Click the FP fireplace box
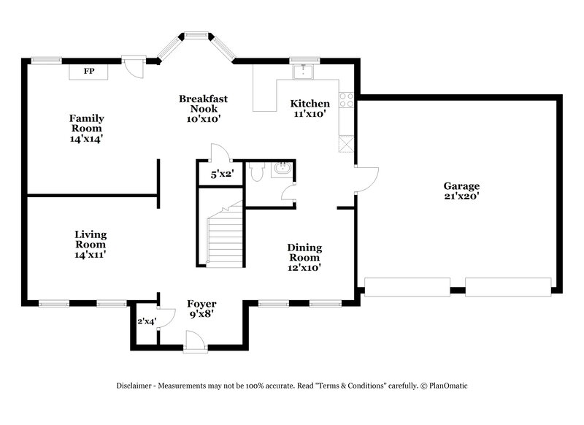click(89, 71)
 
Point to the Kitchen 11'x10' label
click(310, 108)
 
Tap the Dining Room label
click(304, 258)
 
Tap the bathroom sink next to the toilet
click(280, 170)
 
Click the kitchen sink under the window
click(301, 72)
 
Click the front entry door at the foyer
click(196, 341)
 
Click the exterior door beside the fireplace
click(134, 69)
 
